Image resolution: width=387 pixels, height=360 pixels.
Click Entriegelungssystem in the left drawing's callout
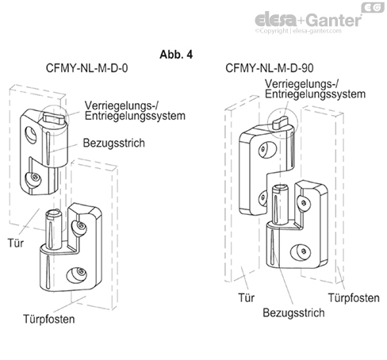click(136, 116)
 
